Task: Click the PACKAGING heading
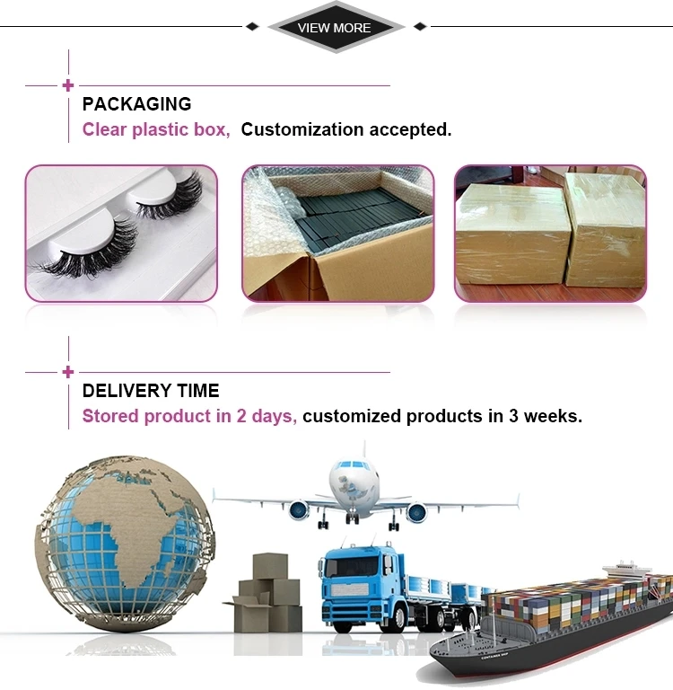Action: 136,104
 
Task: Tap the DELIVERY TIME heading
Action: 151,391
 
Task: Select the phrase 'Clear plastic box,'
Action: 156,129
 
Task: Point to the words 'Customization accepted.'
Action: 346,129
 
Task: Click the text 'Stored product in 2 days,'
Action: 189,416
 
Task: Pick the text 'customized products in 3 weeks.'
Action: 442,416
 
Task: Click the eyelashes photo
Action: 121,233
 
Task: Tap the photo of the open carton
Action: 337,233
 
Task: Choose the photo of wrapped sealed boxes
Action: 550,233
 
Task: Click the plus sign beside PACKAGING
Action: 68,86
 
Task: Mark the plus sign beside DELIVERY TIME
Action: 68,372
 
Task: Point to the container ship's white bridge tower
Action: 627,573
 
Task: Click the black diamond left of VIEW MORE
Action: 252,27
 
